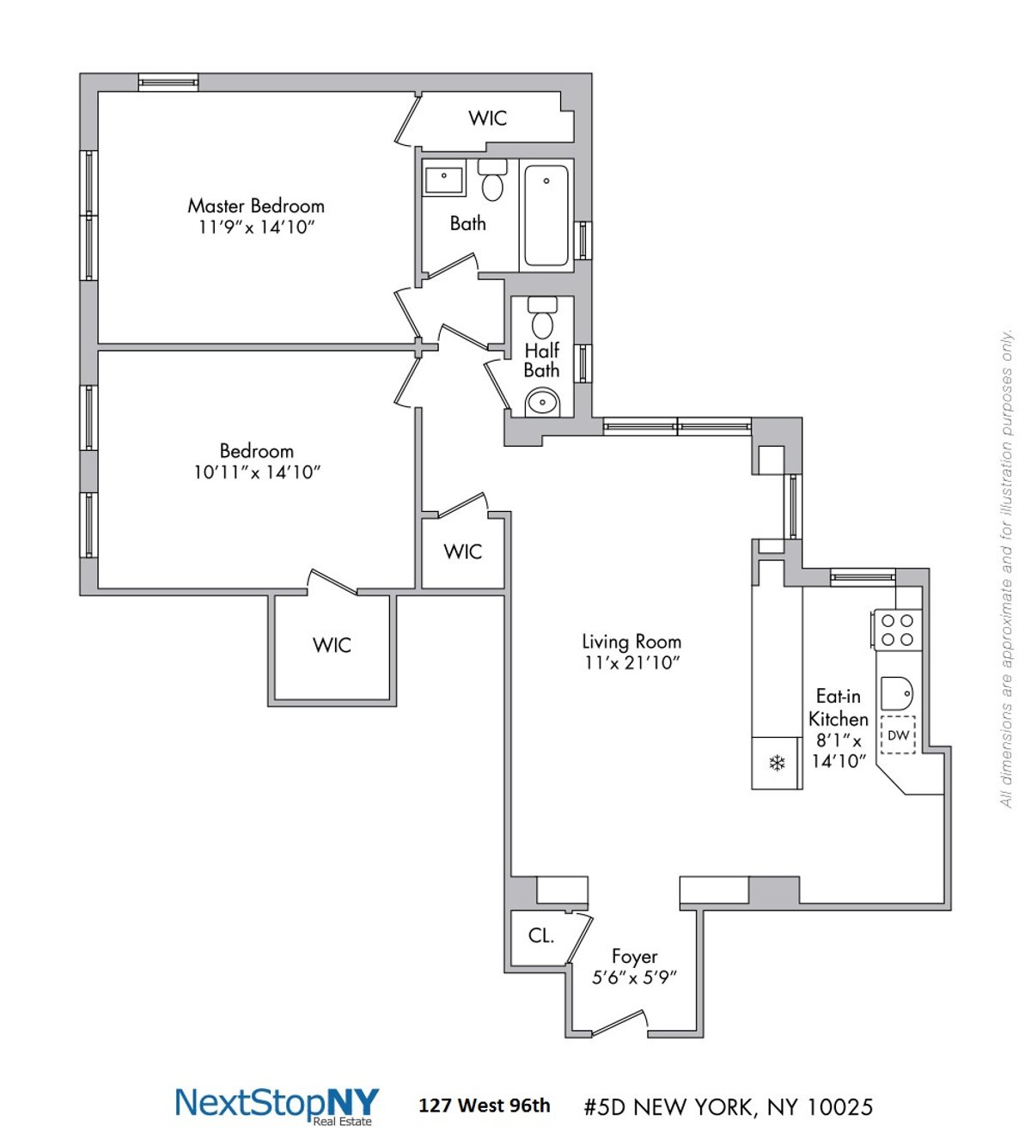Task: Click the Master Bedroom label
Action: (x=256, y=206)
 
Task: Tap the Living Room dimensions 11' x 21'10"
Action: (x=631, y=663)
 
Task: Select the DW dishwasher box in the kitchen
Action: (x=898, y=735)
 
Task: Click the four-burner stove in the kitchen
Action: (x=898, y=630)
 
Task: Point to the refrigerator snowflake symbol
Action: (x=777, y=763)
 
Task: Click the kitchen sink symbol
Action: (x=897, y=693)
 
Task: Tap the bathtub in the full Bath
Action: (x=546, y=216)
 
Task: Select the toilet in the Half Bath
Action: (x=542, y=320)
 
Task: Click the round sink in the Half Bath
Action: (x=542, y=401)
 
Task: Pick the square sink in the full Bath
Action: (x=444, y=180)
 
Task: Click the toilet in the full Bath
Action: (x=492, y=180)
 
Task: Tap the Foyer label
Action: (x=634, y=956)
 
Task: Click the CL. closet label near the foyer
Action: (x=540, y=936)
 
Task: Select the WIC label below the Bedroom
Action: (x=332, y=645)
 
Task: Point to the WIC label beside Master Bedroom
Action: (x=487, y=119)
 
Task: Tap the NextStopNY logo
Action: (x=277, y=1105)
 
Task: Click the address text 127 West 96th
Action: (x=484, y=1105)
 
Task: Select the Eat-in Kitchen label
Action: (x=839, y=708)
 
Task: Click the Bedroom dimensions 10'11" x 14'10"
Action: (x=256, y=472)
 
